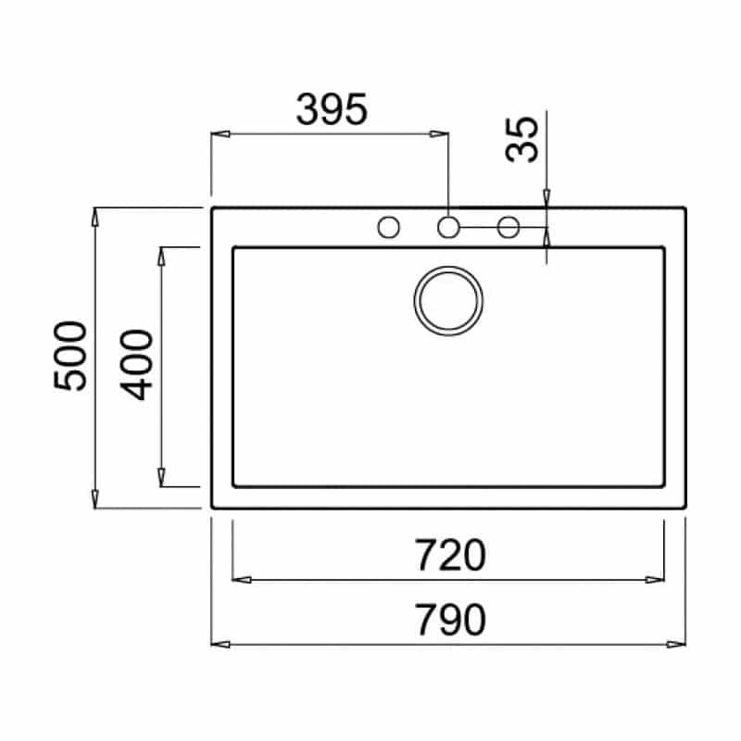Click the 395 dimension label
(332, 109)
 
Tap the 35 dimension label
(521, 140)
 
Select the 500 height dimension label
(70, 356)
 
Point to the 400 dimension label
(136, 364)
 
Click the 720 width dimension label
(450, 555)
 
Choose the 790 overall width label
(450, 620)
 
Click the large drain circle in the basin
(448, 268)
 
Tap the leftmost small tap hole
(388, 227)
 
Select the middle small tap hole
(448, 227)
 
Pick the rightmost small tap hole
(509, 227)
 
